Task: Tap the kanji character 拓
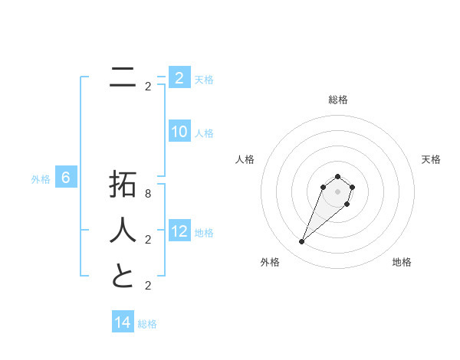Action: coord(123,185)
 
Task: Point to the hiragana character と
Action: coord(123,275)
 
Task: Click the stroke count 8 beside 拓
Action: coord(147,195)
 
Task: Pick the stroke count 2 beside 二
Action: coord(147,87)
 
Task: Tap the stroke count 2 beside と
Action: coord(147,286)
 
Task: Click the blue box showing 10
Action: coord(179,132)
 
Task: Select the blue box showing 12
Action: coord(179,231)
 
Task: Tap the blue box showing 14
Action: coord(123,322)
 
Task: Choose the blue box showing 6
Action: coord(66,178)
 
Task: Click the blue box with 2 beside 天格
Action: coord(179,77)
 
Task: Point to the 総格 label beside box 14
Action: coord(147,324)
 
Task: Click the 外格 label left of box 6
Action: coord(41,180)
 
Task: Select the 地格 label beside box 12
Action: coord(205,233)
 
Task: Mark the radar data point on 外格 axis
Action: coord(301,242)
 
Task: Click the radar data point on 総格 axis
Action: coord(337,177)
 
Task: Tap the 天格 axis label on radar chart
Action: coord(432,159)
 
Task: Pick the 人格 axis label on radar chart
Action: coord(245,159)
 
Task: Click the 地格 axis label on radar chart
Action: coord(402,263)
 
